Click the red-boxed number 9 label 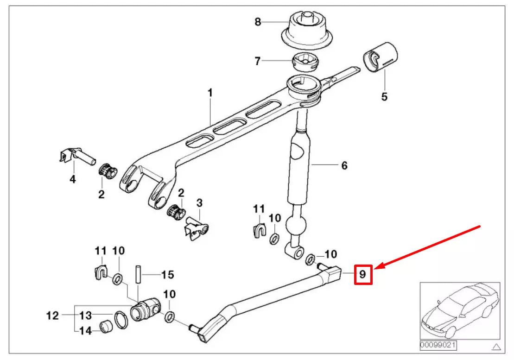(362, 274)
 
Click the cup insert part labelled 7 (305, 61)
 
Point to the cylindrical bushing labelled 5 (381, 57)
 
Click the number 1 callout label (210, 93)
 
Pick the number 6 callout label (344, 165)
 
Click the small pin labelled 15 (138, 275)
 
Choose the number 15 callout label (168, 275)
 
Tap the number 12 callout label (53, 316)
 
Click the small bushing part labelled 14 (107, 326)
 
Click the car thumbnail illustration (459, 310)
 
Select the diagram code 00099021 (438, 346)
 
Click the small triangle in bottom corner (496, 346)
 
